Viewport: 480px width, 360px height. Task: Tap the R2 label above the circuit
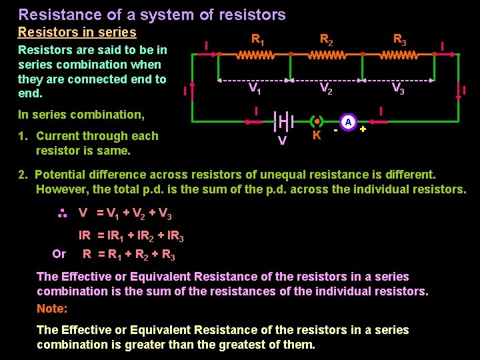pos(327,40)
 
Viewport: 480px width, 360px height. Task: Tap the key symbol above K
pos(317,122)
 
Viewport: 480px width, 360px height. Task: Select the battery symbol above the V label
pos(283,122)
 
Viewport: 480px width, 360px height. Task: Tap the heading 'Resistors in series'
pos(77,32)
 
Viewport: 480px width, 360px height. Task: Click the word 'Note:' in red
pos(52,309)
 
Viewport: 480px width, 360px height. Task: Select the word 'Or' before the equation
pos(59,254)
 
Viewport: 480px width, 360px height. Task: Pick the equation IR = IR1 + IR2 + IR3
pos(131,235)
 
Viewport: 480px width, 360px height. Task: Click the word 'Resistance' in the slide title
pos(55,15)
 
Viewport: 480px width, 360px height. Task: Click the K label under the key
pos(317,135)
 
